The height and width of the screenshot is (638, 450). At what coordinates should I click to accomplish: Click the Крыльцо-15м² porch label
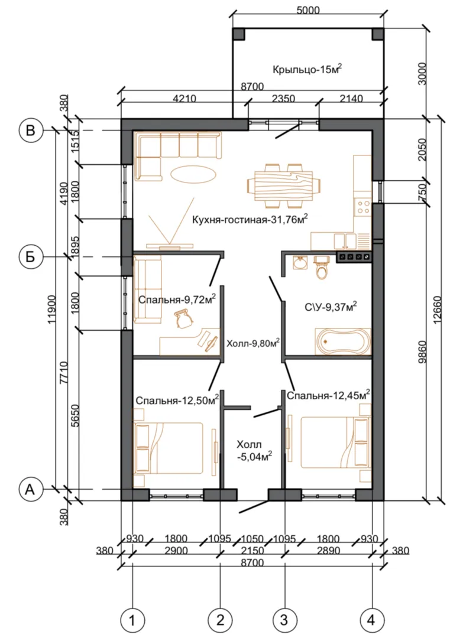coord(307,69)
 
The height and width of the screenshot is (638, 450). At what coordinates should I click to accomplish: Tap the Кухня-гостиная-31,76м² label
coord(249,220)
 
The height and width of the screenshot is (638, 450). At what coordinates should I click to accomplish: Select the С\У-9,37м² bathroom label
coord(331,306)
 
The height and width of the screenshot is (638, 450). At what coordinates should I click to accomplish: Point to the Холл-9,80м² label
coord(253,343)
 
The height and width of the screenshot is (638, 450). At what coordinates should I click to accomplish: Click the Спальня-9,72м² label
coord(177,300)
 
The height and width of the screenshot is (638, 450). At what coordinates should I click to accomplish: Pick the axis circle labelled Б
coord(31,257)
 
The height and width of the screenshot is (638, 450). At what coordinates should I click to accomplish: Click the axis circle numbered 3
coord(284,620)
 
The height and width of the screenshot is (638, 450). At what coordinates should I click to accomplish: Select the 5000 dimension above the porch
coord(308,10)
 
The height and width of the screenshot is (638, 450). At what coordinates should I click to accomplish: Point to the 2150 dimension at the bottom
coord(252,551)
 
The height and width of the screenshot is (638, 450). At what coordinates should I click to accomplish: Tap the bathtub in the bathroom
coord(343,341)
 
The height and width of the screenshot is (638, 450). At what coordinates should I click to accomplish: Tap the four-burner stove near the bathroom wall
coord(354,257)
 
